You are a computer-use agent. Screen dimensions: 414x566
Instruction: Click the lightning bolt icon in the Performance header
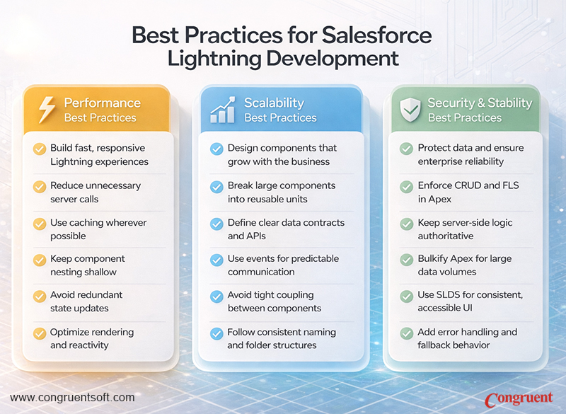[x=46, y=110]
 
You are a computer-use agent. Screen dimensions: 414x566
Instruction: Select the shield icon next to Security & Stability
[x=410, y=110]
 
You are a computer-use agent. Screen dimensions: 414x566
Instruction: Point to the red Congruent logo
[x=518, y=399]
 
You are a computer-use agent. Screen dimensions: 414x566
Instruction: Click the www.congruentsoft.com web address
[x=72, y=398]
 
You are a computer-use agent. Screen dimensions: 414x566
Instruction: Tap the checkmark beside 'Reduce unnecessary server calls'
[x=40, y=187]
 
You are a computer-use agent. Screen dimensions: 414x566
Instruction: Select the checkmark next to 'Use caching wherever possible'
[x=40, y=224]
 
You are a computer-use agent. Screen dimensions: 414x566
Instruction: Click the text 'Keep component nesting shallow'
[x=87, y=265]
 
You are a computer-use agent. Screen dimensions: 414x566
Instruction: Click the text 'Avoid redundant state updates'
[x=86, y=301]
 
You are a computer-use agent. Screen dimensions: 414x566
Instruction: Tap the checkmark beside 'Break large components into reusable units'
[x=216, y=187]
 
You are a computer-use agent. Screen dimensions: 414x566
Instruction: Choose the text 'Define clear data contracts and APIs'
[x=286, y=229]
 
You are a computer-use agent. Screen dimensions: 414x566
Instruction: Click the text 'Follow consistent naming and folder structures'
[x=281, y=338]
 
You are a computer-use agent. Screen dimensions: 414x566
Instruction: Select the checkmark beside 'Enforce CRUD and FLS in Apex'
[x=406, y=187]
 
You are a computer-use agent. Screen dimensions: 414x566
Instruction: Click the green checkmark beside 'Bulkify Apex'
[x=406, y=260]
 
